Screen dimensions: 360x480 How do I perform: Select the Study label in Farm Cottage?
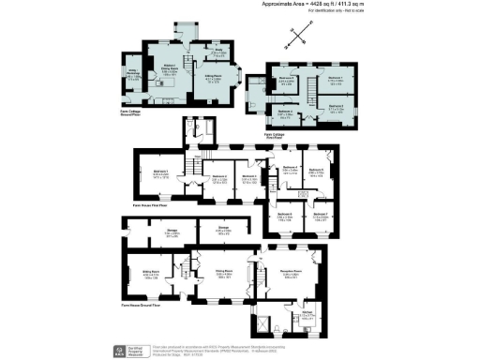(215, 53)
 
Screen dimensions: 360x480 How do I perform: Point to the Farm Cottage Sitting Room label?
(213, 80)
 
